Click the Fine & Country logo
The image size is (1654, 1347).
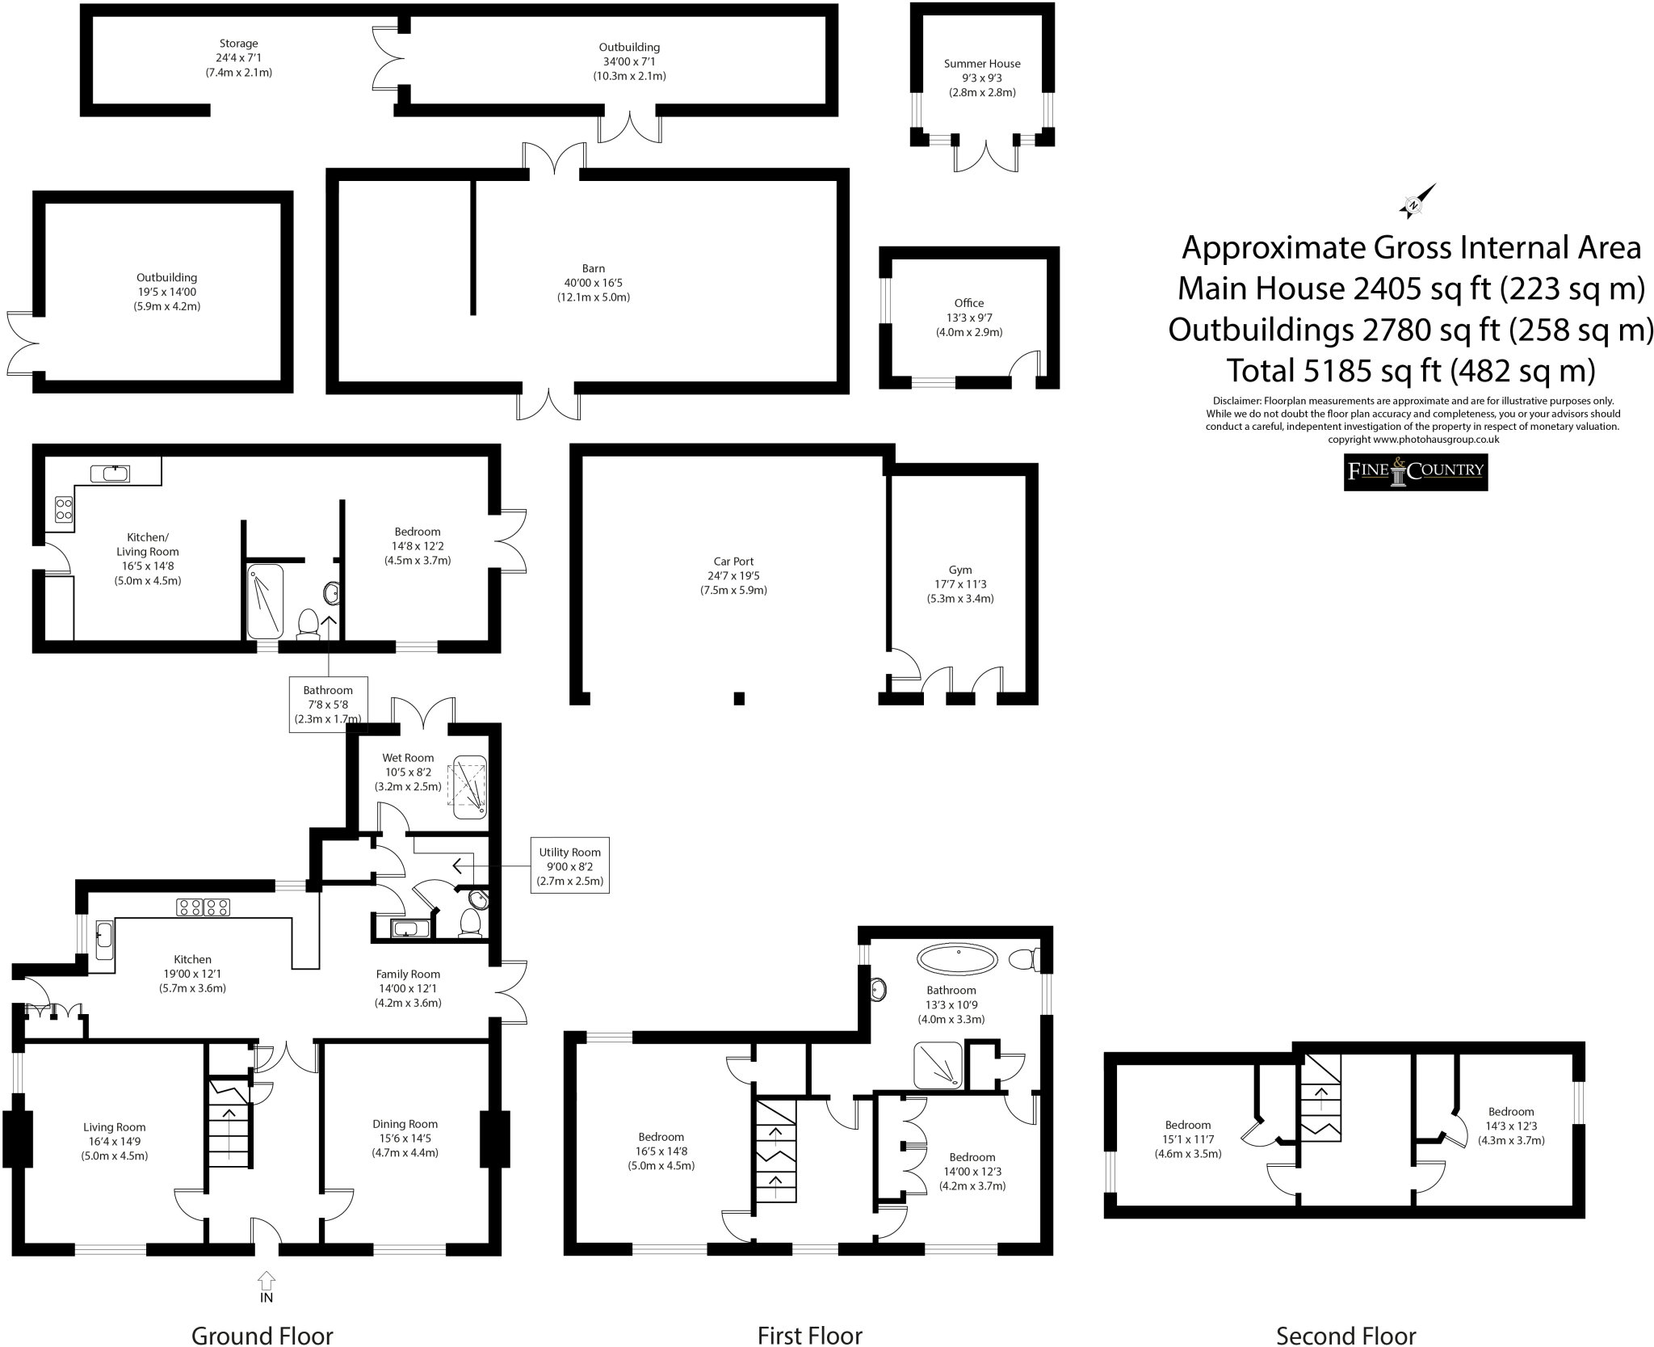pos(1415,472)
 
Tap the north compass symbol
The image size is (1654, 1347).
pos(1417,201)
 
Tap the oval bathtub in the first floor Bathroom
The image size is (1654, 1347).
pos(957,959)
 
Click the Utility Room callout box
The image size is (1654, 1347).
pos(569,865)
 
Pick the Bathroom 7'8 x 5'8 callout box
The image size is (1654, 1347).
pos(328,704)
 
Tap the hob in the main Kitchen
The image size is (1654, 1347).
pos(204,907)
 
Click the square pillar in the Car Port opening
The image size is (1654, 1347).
pos(738,698)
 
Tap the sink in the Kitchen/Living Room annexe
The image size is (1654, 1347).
pos(111,473)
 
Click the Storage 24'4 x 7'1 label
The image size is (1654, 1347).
pos(238,57)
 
